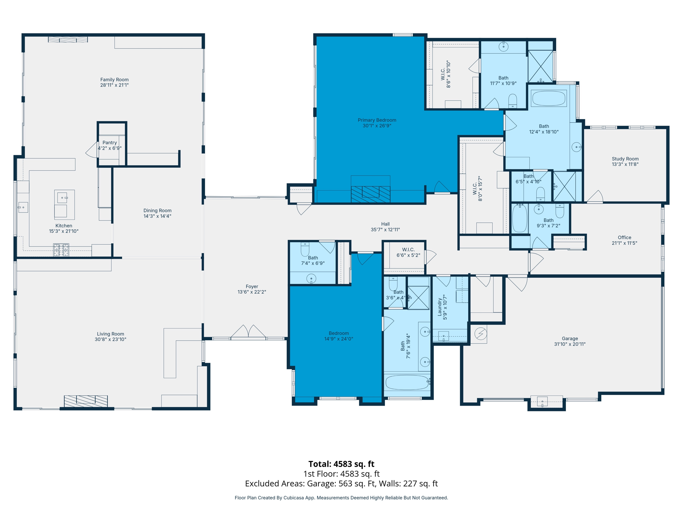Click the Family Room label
[x=114, y=80]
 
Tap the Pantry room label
[x=110, y=143]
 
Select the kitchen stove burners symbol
[x=61, y=250]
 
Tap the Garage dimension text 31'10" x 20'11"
[x=570, y=344]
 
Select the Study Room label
[x=625, y=159]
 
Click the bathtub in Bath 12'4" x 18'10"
[x=549, y=98]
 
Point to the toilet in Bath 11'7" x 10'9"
[x=513, y=101]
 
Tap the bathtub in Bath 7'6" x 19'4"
[x=407, y=382]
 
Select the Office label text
[x=624, y=238]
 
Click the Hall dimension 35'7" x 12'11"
[x=385, y=230]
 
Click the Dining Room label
[x=157, y=211]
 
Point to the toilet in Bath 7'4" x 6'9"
[x=305, y=249]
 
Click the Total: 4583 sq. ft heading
[x=341, y=464]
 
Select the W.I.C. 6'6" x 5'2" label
[x=408, y=250]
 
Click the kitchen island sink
[x=62, y=198]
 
